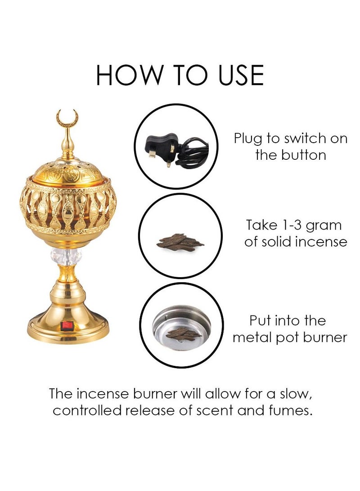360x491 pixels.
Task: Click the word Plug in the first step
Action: [247, 139]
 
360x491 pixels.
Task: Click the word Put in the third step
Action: [261, 321]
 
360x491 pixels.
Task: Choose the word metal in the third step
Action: [252, 338]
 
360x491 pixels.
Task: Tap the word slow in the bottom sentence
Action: [293, 394]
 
